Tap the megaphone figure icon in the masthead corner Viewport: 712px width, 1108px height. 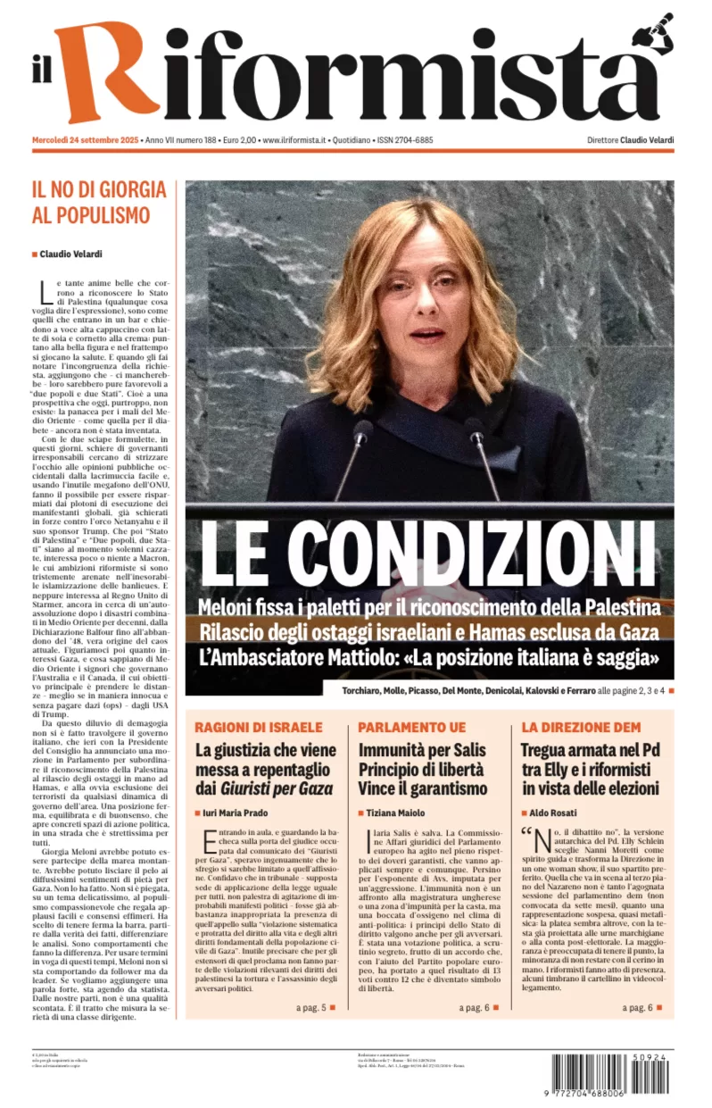[x=655, y=34]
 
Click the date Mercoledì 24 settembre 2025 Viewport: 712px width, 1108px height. [x=85, y=140]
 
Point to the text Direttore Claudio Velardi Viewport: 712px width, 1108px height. [x=630, y=140]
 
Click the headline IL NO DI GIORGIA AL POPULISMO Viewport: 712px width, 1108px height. [x=99, y=202]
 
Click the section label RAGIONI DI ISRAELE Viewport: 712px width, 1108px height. [x=259, y=727]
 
